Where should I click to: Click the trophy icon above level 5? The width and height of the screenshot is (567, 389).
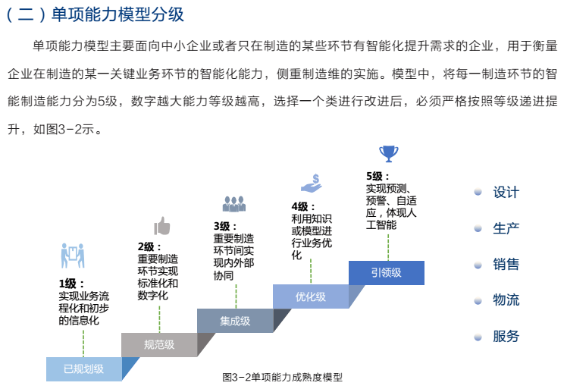coord(388,153)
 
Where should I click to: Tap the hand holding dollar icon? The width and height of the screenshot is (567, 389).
coord(312,183)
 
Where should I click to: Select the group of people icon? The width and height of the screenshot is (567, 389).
coord(233,204)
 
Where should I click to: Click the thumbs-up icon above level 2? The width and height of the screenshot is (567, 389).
coord(161,225)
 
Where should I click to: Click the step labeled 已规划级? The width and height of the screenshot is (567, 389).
coord(83,369)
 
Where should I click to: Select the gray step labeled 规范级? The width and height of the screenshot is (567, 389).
coord(159,344)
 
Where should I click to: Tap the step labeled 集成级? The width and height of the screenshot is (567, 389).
coord(235,320)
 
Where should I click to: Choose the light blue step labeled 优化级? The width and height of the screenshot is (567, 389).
coord(311,296)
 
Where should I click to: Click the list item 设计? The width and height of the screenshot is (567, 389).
coord(506,193)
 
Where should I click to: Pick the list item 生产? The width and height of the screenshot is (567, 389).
coord(506,228)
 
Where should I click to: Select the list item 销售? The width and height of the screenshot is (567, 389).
coord(506,265)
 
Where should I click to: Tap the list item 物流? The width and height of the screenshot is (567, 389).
coord(506,300)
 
